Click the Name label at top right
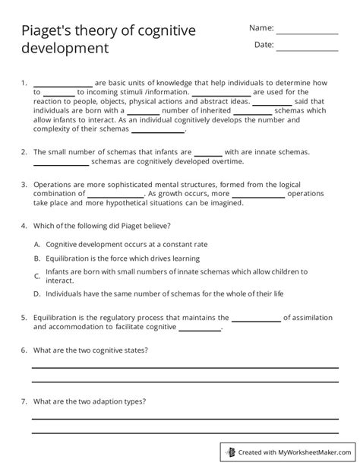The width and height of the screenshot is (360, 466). pos(261,28)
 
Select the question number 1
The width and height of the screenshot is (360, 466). pos(24,82)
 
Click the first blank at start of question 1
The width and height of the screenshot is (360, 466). pos(62,84)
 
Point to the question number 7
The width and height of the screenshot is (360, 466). pos(24,400)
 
